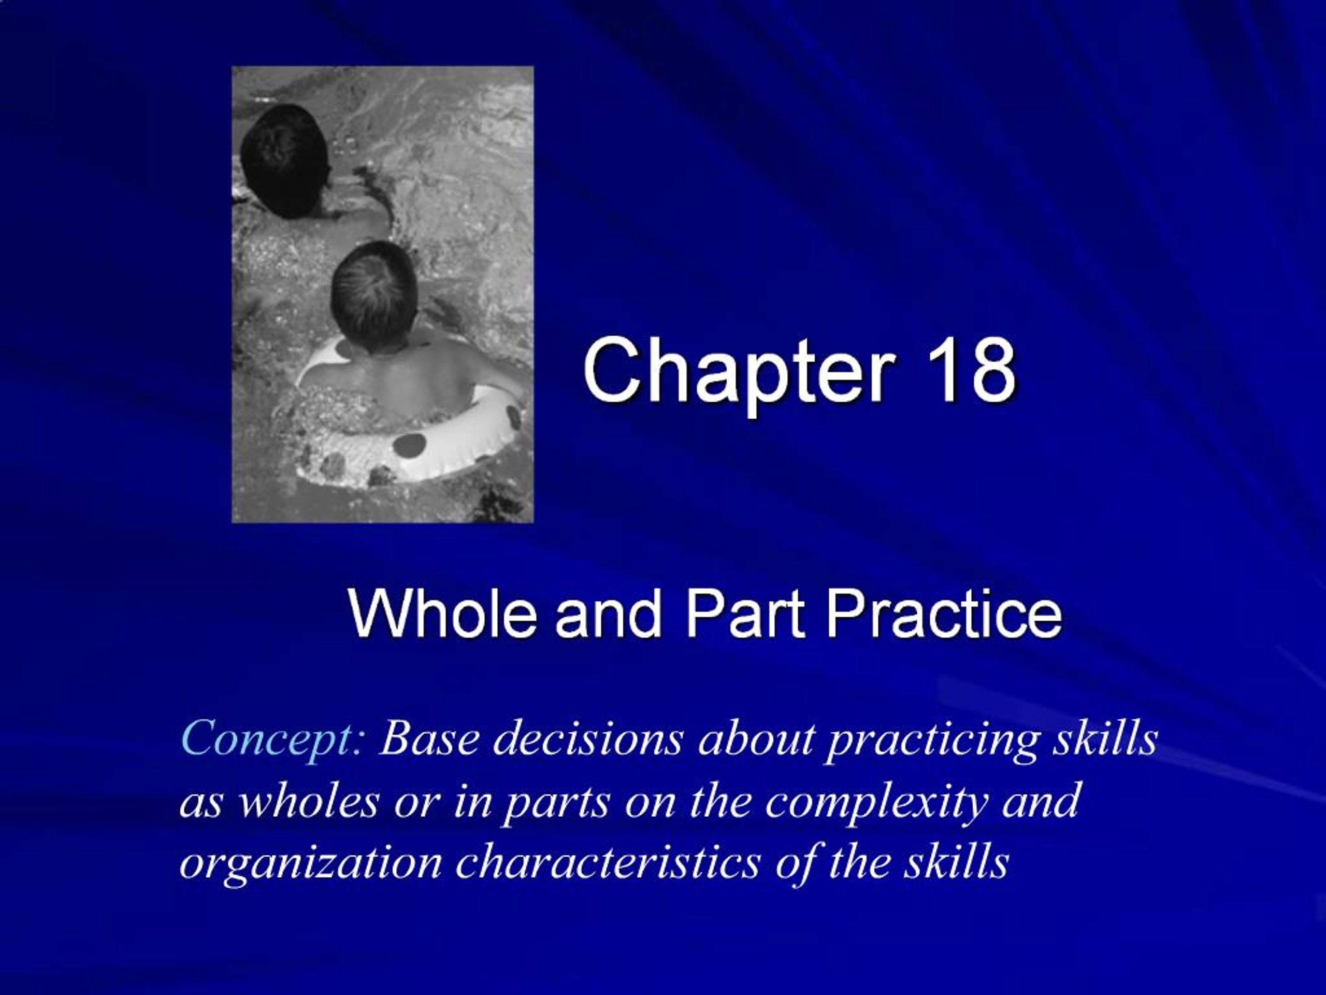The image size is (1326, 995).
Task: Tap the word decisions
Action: [588, 739]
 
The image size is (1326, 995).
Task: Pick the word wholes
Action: [309, 801]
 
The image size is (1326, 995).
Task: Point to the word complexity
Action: [875, 802]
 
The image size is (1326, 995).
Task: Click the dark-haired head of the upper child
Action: [285, 159]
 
